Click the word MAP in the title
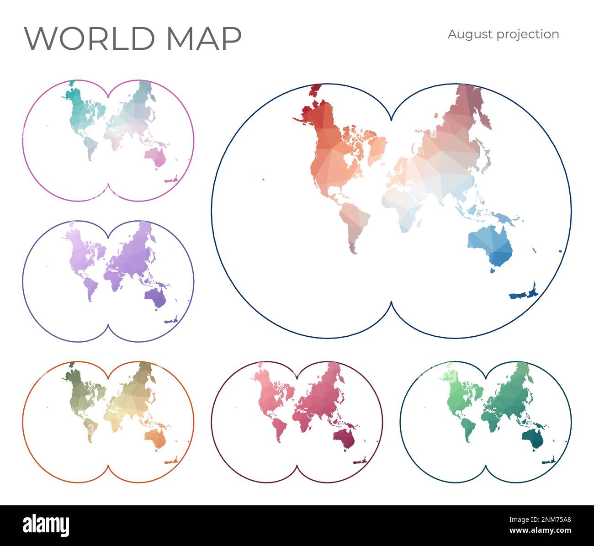[x=204, y=38]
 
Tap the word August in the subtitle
[x=467, y=35]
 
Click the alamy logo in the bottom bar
[x=46, y=525]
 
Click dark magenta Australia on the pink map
[x=344, y=439]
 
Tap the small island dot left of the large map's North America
[x=264, y=179]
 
